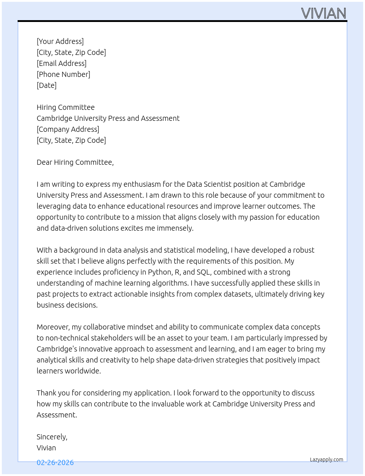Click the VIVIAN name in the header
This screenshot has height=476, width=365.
pos(324,14)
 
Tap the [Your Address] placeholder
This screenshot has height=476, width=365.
pos(60,41)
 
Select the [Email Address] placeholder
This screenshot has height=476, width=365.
pos(62,63)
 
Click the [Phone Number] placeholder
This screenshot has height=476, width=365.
pos(63,74)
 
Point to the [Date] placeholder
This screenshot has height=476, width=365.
pos(47,85)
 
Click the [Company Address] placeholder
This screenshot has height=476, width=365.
pos(68,129)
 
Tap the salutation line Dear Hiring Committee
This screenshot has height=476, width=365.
pos(75,162)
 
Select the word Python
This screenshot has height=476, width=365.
pos(160,272)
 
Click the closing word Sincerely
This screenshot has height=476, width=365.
pos(52,437)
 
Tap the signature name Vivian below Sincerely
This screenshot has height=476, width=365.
pos(46,448)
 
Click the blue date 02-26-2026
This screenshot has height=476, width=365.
pos(55,462)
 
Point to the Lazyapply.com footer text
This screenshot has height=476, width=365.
pos(327,460)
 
